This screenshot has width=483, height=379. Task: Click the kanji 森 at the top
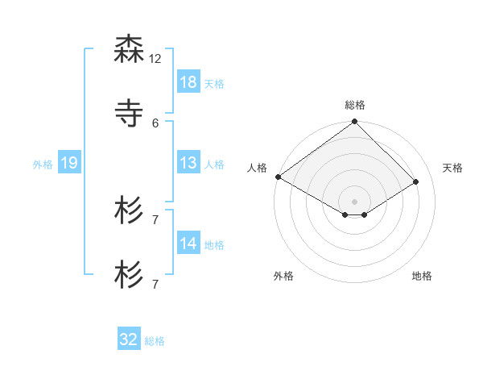129,50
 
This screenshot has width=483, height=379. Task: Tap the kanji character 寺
129,113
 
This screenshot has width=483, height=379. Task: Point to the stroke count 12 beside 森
155,59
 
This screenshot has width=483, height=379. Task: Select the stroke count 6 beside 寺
155,123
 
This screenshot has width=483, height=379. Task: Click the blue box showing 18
188,82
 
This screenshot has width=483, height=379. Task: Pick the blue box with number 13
188,163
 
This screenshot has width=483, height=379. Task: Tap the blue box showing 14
188,244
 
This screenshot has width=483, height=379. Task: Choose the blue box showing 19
69,163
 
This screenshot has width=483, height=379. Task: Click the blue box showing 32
129,339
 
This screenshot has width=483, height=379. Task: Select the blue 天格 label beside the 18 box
214,83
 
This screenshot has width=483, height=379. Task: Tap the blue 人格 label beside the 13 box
214,164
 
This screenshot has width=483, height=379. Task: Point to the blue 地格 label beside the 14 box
214,244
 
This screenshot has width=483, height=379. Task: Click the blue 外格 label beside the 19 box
43,164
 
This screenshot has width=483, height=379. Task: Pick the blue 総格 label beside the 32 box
155,340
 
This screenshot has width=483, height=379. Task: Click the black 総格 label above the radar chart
355,105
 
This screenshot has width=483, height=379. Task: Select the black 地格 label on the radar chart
422,276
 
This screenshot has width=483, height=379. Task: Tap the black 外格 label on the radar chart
283,276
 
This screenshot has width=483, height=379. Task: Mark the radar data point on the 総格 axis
355,122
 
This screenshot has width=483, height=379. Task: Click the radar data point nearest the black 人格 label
278,177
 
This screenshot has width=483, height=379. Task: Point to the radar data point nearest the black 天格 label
416,181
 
